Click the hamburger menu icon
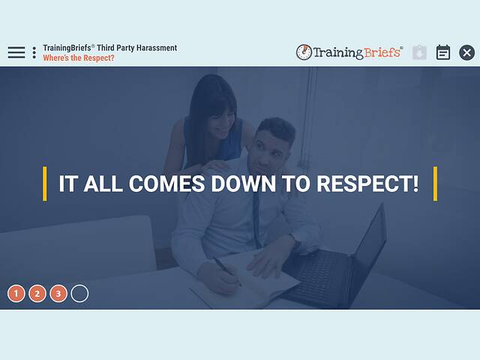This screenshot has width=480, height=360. (16, 52)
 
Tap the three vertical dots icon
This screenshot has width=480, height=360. (34, 52)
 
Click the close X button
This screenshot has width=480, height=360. (466, 52)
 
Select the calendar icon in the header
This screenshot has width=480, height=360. (443, 52)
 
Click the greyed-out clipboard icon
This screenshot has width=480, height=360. (419, 52)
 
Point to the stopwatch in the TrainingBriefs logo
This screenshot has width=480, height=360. (304, 52)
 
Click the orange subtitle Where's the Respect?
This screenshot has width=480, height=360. (79, 58)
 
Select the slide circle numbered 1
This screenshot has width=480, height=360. (16, 293)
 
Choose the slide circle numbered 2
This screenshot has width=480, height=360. (37, 293)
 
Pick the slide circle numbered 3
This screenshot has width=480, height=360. (58, 293)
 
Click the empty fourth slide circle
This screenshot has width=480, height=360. (79, 293)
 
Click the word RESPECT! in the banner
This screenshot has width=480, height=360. (367, 184)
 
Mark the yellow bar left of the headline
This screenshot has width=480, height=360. (45, 184)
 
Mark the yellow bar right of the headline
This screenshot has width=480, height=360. (435, 184)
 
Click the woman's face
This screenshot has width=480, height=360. (211, 112)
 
